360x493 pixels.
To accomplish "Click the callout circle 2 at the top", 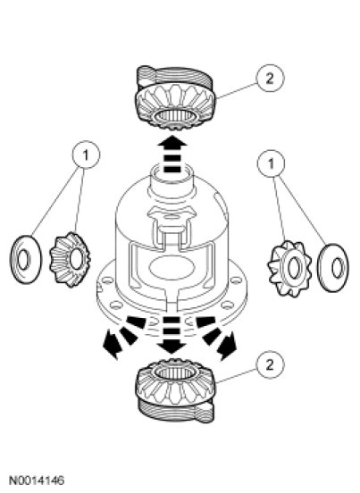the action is pyautogui.click(x=270, y=79).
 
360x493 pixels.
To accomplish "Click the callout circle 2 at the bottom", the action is pyautogui.click(x=270, y=364).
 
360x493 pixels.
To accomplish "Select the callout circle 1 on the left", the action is pyautogui.click(x=86, y=155).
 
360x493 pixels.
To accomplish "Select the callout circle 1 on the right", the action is pyautogui.click(x=271, y=163).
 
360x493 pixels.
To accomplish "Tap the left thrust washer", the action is pyautogui.click(x=26, y=260).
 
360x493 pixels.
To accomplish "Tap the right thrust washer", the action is pyautogui.click(x=333, y=268).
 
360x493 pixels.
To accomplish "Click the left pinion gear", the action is pyautogui.click(x=70, y=259).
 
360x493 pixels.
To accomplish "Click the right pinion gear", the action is pyautogui.click(x=289, y=268).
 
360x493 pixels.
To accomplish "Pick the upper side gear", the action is pyautogui.click(x=175, y=98).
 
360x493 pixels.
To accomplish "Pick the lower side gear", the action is pyautogui.click(x=175, y=391).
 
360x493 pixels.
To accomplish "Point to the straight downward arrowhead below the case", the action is pyautogui.click(x=172, y=347).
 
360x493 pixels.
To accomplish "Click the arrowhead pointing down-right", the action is pyautogui.click(x=228, y=346).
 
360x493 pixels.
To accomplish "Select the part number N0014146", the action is pyautogui.click(x=37, y=480).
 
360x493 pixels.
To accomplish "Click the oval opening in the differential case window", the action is pyautogui.click(x=171, y=270).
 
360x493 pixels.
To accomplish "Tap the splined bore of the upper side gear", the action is pyautogui.click(x=175, y=115).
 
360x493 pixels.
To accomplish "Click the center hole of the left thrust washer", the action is pyautogui.click(x=23, y=260).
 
